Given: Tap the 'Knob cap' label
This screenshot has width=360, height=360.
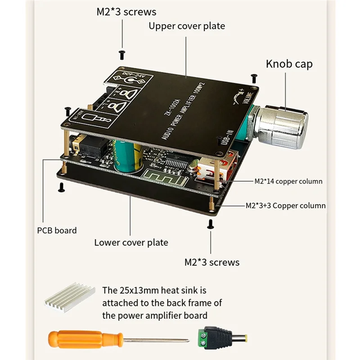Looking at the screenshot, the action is (x=289, y=63).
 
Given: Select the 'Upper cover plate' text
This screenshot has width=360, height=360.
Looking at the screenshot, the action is (x=187, y=26).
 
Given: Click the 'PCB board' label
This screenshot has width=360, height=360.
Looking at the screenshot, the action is (x=57, y=230).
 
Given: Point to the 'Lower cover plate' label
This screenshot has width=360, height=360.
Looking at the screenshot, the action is (x=131, y=243).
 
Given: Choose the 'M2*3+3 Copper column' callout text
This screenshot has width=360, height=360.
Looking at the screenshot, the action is (x=285, y=205).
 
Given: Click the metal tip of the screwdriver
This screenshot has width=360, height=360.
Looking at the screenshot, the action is (x=162, y=339).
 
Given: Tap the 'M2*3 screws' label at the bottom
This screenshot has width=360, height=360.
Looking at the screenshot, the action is (x=212, y=262).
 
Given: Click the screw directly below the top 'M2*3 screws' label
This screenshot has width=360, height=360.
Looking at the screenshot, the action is (x=121, y=54).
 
